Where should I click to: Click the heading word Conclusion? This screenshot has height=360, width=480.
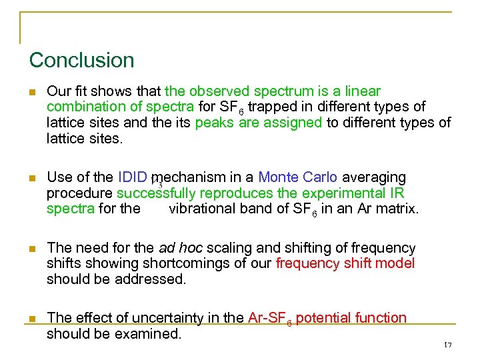pyautogui.click(x=81, y=61)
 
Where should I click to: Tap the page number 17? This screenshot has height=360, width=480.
pyautogui.click(x=447, y=345)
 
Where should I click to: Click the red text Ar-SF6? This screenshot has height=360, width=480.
pyautogui.click(x=269, y=319)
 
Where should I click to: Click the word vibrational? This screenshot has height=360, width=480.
pyautogui.click(x=203, y=209)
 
